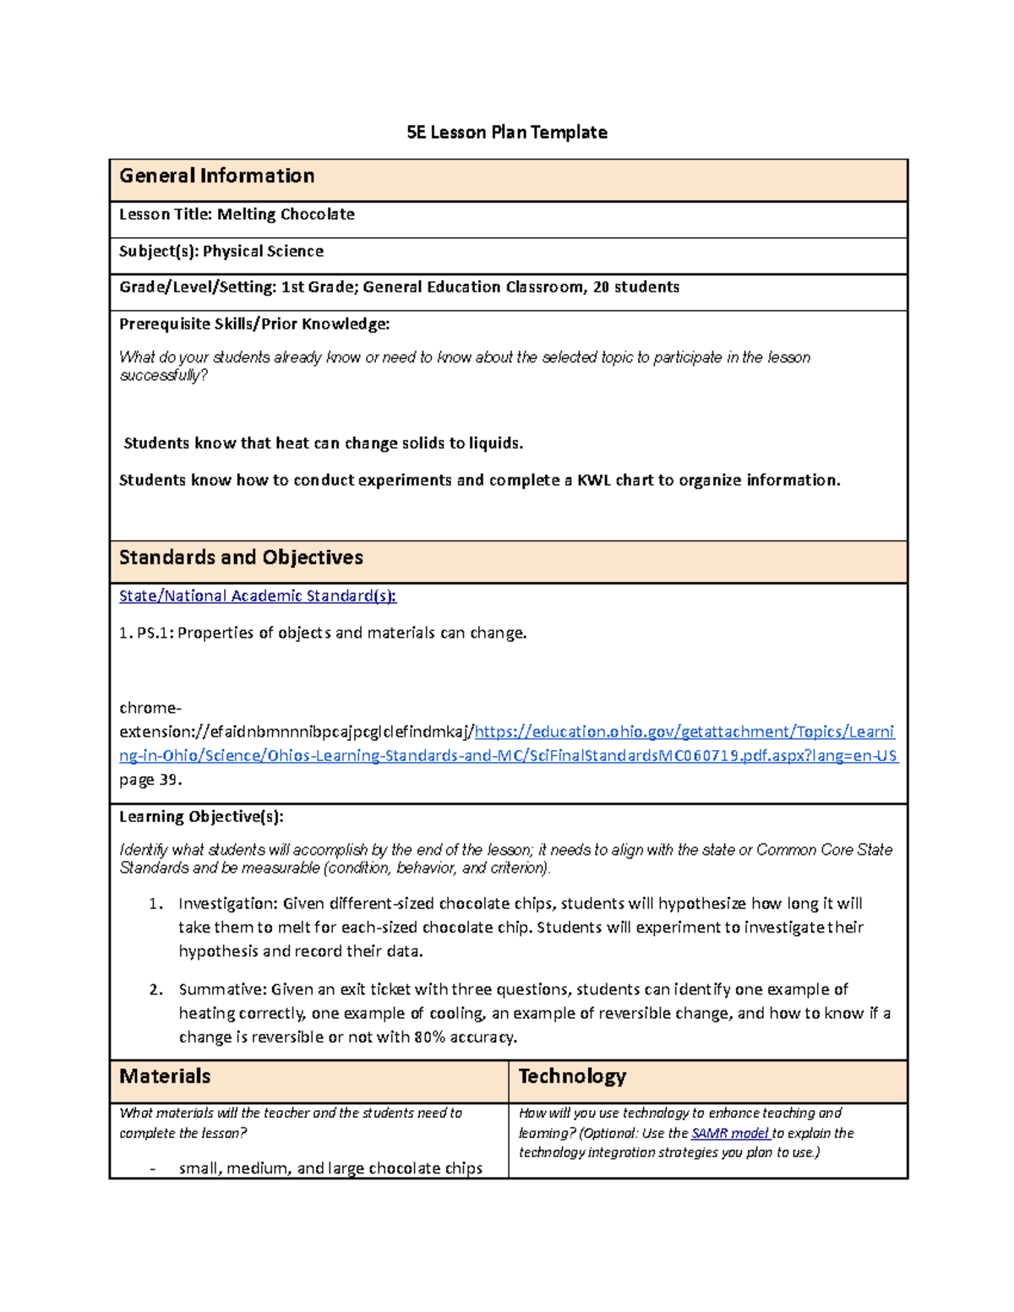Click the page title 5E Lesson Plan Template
(506, 133)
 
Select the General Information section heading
(216, 176)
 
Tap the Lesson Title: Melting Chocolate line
(237, 215)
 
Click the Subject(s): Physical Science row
(221, 252)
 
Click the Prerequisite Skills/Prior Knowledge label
(254, 324)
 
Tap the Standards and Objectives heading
(241, 558)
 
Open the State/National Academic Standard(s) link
(258, 596)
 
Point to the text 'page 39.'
(150, 780)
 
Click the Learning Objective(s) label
(201, 817)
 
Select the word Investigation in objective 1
(226, 904)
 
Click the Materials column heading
(165, 1076)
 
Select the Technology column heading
(572, 1076)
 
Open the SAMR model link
(729, 1134)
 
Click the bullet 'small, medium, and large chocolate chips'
(330, 1168)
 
